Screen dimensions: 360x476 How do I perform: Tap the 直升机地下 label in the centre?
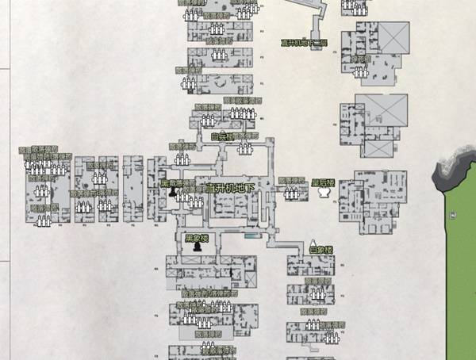[230, 188]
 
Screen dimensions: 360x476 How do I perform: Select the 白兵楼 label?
[225, 136]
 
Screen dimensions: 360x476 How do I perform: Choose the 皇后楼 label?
[324, 183]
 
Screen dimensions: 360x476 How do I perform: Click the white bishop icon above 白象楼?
[314, 240]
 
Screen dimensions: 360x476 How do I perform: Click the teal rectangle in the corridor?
[251, 236]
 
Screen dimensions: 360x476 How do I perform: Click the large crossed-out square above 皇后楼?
[381, 110]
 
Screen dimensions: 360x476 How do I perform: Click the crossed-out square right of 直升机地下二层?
[393, 37]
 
